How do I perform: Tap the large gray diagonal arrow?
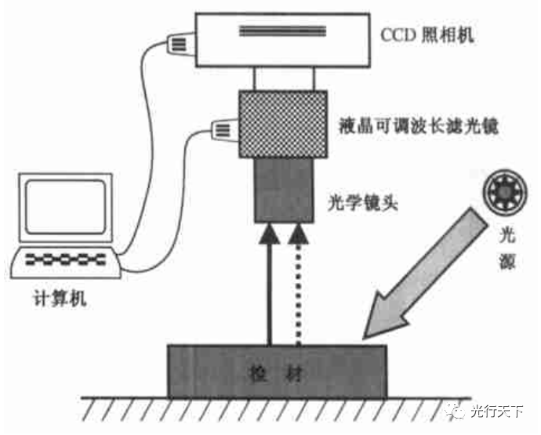click(424, 270)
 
